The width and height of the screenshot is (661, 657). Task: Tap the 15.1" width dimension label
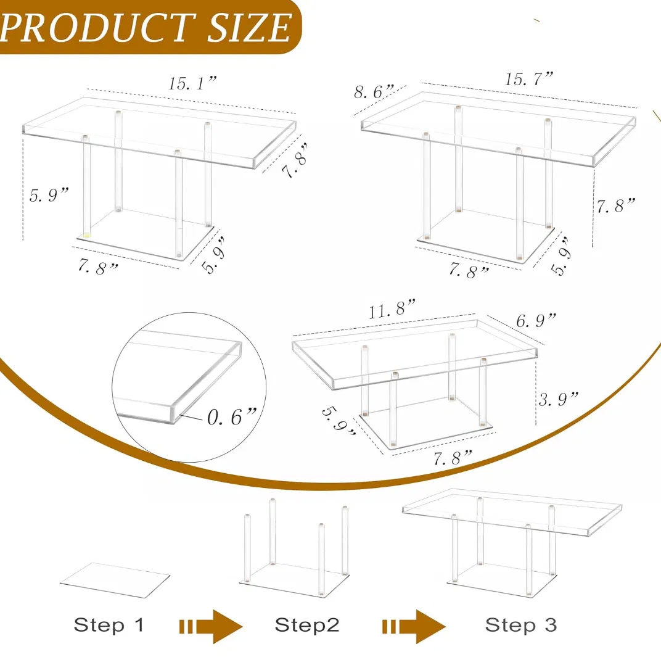(192, 85)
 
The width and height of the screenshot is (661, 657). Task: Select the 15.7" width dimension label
(529, 78)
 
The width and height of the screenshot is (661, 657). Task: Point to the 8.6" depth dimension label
(374, 92)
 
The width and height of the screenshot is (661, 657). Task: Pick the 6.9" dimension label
(536, 320)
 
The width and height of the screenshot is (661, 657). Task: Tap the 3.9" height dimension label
(559, 399)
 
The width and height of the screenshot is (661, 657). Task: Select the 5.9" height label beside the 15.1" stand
(49, 196)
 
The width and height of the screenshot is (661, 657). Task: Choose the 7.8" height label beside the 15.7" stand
(615, 205)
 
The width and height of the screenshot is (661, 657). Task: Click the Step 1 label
(109, 624)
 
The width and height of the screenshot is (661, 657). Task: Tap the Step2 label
(307, 624)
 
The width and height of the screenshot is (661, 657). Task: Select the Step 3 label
(520, 624)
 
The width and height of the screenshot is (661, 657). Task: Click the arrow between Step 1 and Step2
(210, 626)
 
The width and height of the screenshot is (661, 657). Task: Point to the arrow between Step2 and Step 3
(413, 626)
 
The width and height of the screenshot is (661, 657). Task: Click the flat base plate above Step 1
(115, 580)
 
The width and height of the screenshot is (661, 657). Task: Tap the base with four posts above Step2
(294, 552)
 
